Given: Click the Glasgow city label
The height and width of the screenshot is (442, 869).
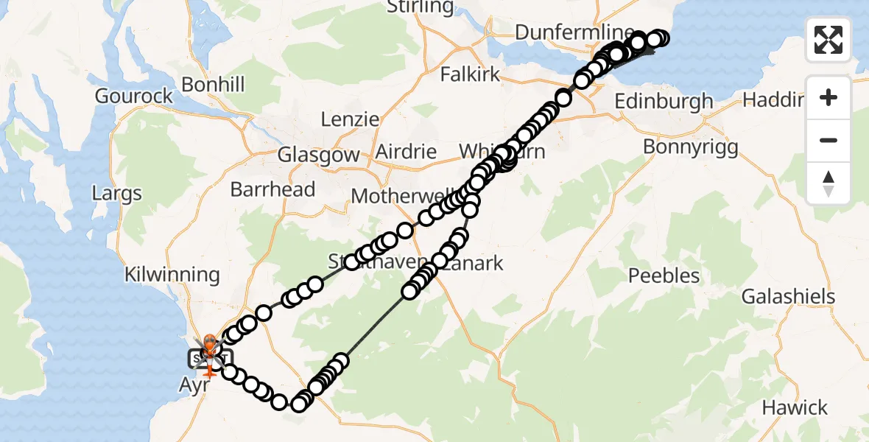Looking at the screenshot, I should click(x=318, y=155).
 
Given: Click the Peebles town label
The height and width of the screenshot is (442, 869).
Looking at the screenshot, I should click(x=664, y=276).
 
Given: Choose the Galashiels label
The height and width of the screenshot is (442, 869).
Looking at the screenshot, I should click(x=788, y=297).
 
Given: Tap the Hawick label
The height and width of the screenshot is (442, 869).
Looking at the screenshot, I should click(x=795, y=407).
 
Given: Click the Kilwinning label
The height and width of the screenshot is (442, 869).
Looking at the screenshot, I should click(x=172, y=275).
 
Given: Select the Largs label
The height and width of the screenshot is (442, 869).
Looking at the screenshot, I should click(x=117, y=194).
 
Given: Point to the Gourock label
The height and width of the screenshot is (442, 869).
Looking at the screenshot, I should click(x=134, y=96).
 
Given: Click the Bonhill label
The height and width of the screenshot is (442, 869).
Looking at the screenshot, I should click(x=212, y=85).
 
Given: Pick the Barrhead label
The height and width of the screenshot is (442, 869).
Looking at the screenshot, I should click(x=272, y=189).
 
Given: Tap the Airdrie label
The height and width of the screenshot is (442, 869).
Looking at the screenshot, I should click(x=406, y=152).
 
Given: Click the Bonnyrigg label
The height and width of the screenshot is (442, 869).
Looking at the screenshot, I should click(x=690, y=147).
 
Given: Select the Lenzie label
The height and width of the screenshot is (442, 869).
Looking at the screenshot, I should click(x=350, y=119).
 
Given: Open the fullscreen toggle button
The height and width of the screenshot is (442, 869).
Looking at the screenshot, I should click(x=828, y=40).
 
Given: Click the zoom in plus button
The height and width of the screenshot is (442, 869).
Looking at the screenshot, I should click(x=828, y=97).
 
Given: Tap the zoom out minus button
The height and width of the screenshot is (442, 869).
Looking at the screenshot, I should click(x=828, y=140).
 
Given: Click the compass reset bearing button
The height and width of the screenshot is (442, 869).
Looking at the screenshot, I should click(x=828, y=183).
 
